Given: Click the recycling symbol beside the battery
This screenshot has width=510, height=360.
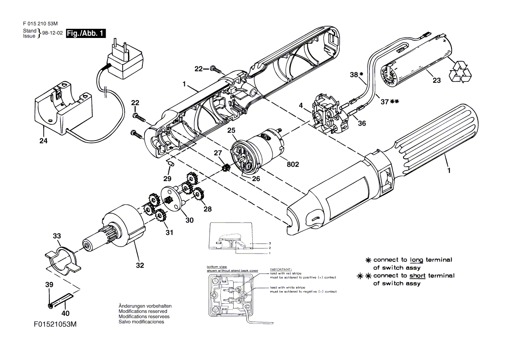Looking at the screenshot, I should (460, 72).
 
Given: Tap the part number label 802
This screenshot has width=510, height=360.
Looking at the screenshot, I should (293, 165).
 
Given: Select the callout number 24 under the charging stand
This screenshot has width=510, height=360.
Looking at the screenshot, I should (43, 141).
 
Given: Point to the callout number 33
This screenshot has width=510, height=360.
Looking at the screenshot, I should (57, 236).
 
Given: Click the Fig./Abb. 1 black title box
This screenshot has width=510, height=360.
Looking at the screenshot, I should (86, 34).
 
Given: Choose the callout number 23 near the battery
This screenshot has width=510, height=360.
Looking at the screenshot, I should (437, 80).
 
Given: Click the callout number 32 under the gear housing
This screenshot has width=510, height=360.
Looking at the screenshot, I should (139, 265).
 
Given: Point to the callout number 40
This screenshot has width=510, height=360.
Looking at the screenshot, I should (65, 313).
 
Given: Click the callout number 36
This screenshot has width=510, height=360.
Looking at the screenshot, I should (362, 123).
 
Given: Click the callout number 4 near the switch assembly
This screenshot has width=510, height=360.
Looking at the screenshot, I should (301, 105).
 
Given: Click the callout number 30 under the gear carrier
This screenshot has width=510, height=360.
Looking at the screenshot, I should (189, 220).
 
